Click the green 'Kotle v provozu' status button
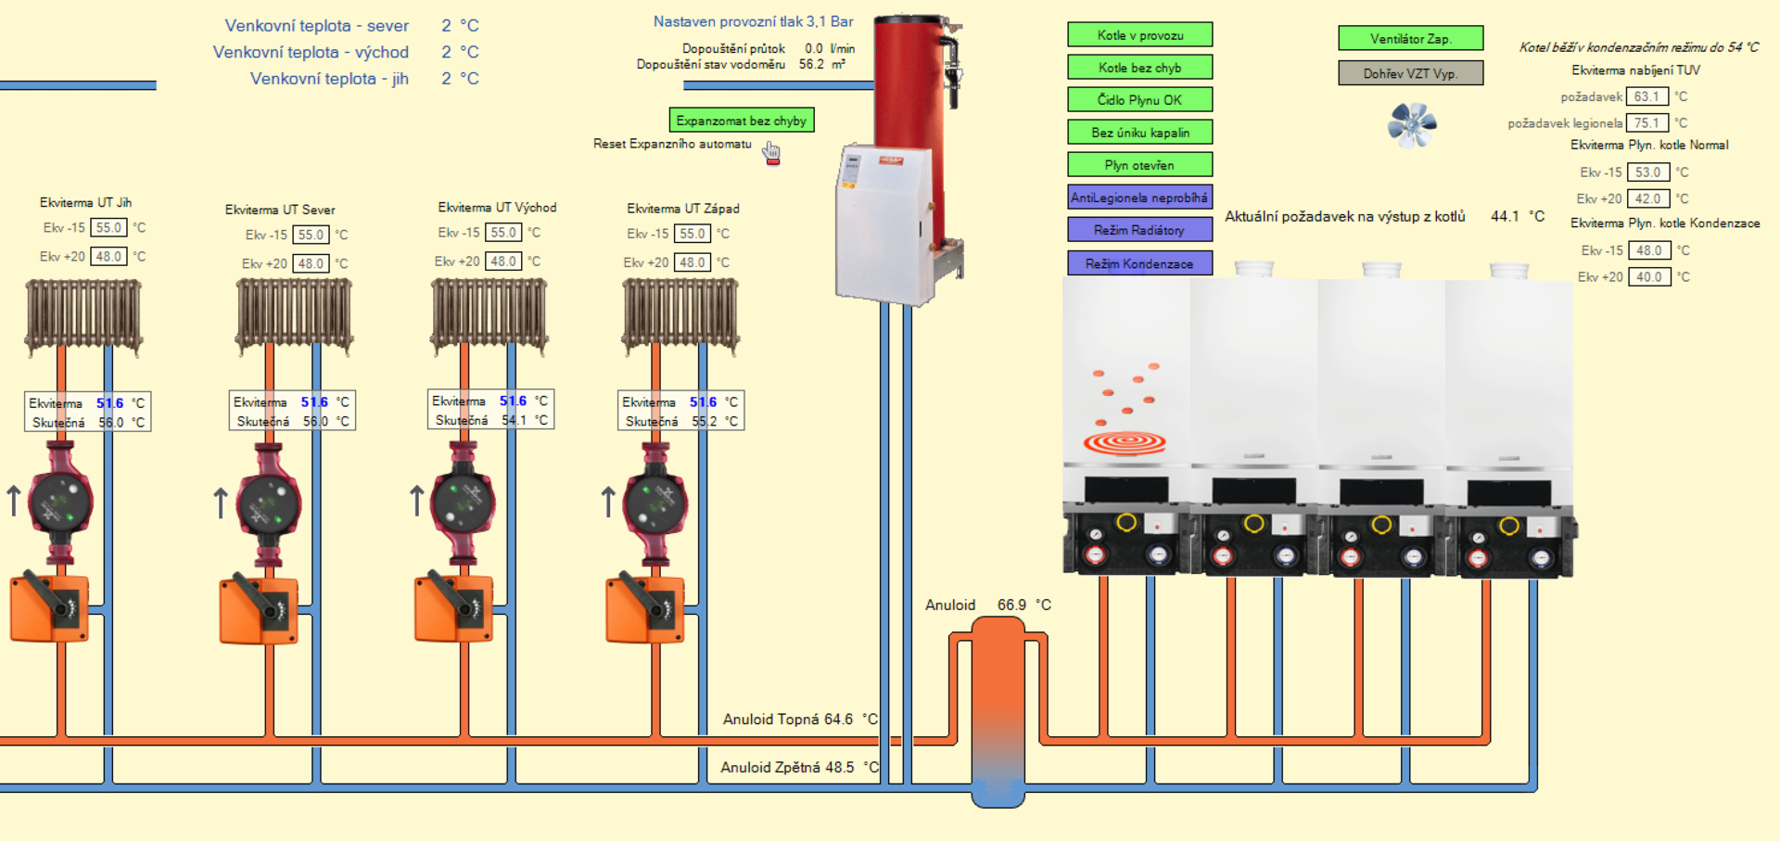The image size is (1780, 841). [x=1139, y=35]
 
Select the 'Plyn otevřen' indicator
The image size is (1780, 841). [x=1139, y=165]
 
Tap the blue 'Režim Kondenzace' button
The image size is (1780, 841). [x=1139, y=263]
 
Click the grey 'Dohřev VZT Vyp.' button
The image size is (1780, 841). [x=1410, y=73]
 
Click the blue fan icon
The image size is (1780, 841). [x=1411, y=124]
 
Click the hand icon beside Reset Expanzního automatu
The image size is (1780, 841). [x=771, y=152]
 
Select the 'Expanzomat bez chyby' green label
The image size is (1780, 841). [x=741, y=121]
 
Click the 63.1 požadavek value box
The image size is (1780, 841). [x=1646, y=96]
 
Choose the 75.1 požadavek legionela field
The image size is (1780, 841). [x=1646, y=122]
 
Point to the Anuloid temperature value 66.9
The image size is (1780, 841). [x=1011, y=605]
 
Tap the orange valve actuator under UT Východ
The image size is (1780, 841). [x=453, y=607]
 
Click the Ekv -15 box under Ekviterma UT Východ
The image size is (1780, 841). [x=503, y=233]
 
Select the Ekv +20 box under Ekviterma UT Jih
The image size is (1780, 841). [x=108, y=257]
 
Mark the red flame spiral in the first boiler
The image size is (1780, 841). [x=1125, y=442]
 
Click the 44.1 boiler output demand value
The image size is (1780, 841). [x=1505, y=216]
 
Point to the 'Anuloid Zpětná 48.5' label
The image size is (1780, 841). [x=788, y=767]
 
